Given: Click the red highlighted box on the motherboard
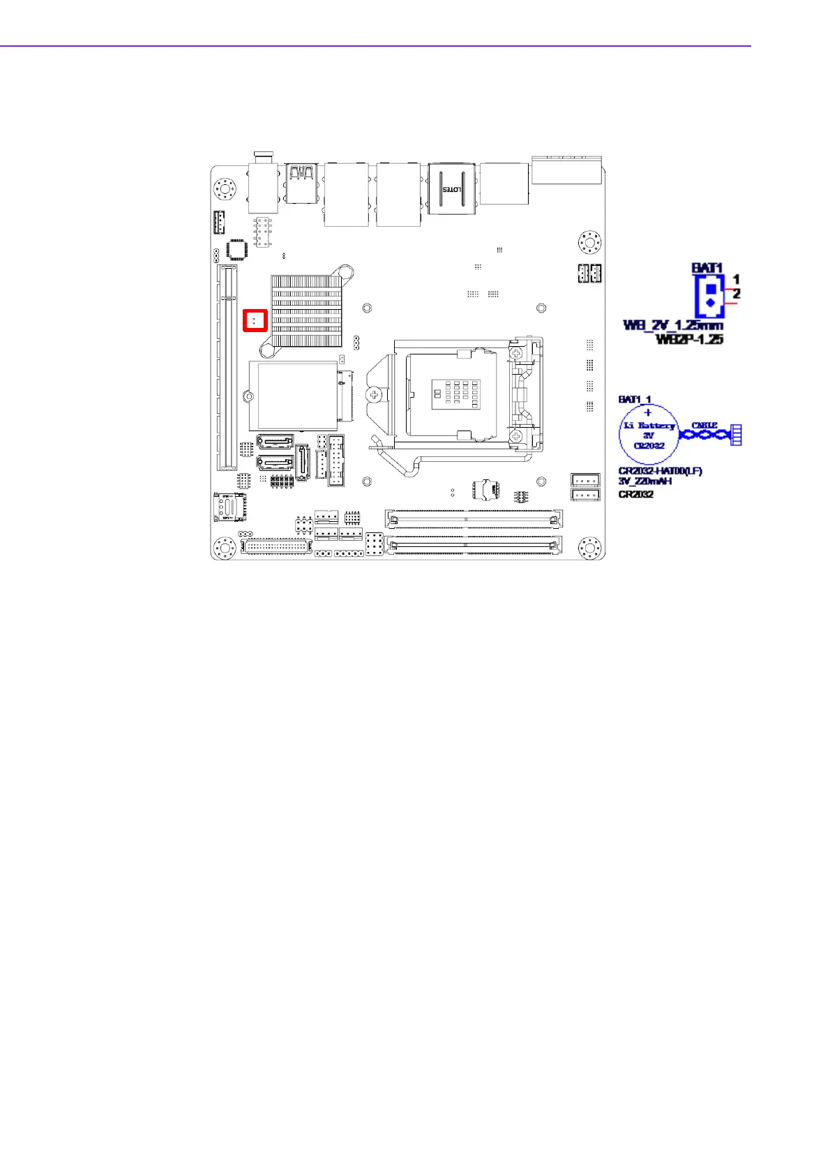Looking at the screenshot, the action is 255,320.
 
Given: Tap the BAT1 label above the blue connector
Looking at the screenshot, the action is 707,268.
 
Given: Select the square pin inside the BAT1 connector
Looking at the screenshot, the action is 710,287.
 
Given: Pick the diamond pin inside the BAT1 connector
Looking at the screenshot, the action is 710,303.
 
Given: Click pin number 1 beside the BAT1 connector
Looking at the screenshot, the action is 736,280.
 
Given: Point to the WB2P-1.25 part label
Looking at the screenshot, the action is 689,339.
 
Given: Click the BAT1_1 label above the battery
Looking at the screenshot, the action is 635,400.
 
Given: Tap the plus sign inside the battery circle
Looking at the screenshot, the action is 648,413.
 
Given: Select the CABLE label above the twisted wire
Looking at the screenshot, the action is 704,425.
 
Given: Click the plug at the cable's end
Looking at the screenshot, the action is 735,435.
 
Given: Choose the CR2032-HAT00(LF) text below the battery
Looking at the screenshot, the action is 660,472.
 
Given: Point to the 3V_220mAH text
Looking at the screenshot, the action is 645,481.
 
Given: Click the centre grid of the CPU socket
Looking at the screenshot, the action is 455,394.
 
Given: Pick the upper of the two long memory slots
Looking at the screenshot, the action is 474,518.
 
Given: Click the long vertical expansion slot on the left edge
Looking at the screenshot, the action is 227,367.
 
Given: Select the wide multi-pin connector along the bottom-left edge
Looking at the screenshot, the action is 276,546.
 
